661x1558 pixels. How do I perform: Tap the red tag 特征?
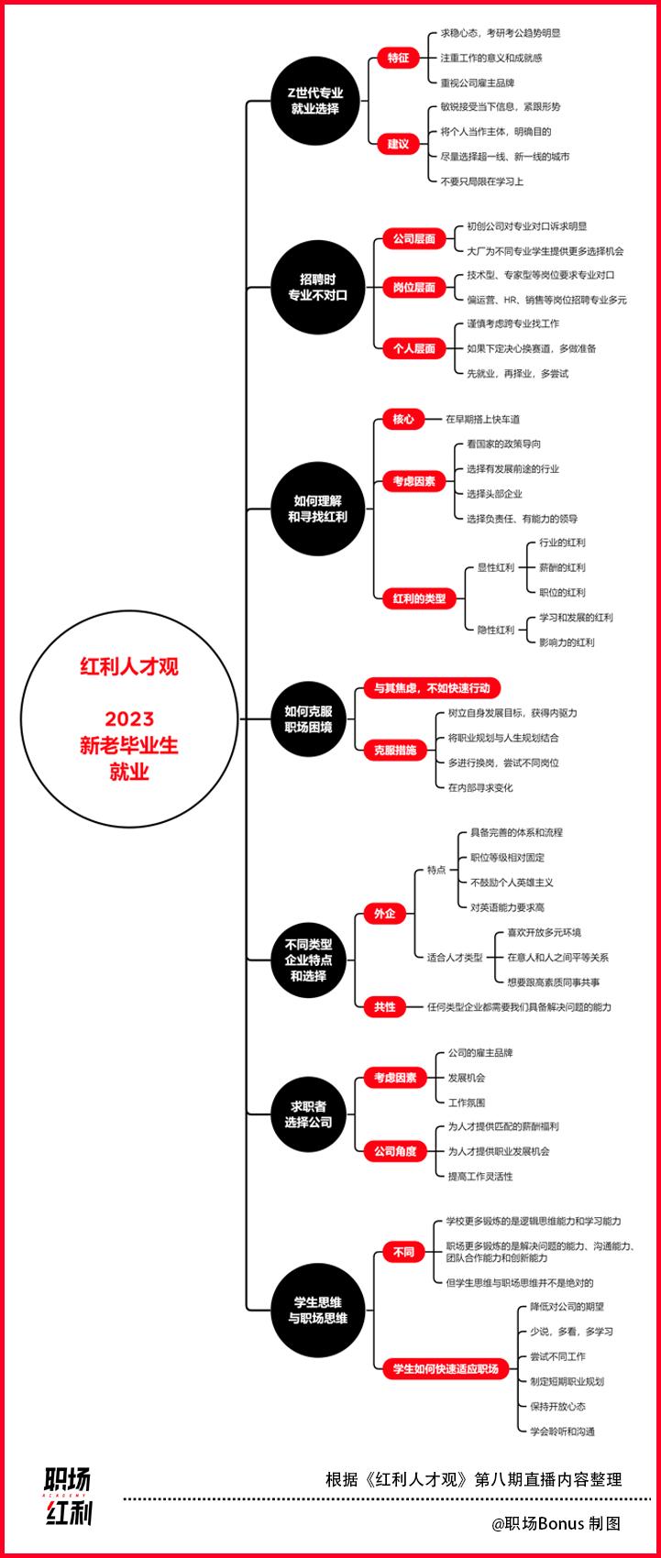[397, 58]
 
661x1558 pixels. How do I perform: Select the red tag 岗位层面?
[413, 288]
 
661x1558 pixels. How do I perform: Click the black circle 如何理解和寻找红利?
[317, 509]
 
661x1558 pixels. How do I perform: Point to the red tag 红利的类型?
[419, 599]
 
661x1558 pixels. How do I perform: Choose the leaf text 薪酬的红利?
[562, 567]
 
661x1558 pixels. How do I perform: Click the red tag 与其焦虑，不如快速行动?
[432, 688]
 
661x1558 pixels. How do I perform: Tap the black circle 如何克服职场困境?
[308, 719]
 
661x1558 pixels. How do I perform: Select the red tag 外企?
[384, 914]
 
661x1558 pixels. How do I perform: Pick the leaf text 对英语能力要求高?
[507, 907]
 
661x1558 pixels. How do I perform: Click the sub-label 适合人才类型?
[455, 958]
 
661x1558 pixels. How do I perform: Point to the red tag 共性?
[384, 1007]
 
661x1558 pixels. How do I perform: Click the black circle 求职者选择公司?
[308, 1114]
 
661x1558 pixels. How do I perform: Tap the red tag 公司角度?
[395, 1151]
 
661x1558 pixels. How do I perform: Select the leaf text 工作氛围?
[466, 1103]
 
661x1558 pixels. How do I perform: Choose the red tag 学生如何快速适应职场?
[446, 1368]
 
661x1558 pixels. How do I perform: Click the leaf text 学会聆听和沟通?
[562, 1431]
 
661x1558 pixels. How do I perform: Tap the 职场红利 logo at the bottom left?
[69, 1497]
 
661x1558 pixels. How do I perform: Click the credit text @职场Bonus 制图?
[556, 1523]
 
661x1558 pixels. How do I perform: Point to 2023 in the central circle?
[129, 719]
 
